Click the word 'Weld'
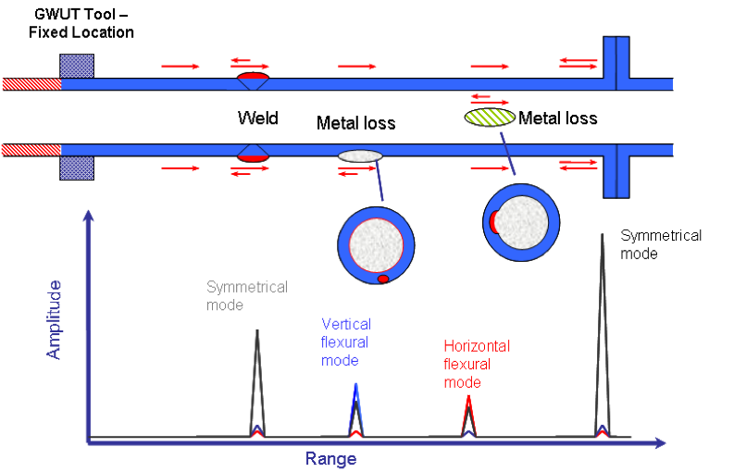tap(257, 118)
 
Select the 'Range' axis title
tap(330, 457)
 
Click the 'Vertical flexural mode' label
tap(346, 342)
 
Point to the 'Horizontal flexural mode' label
tap(477, 364)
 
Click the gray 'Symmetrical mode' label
tap(247, 296)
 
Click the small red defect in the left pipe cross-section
tap(382, 279)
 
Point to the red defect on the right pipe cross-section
tap(495, 221)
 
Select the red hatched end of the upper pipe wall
tap(31, 83)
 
